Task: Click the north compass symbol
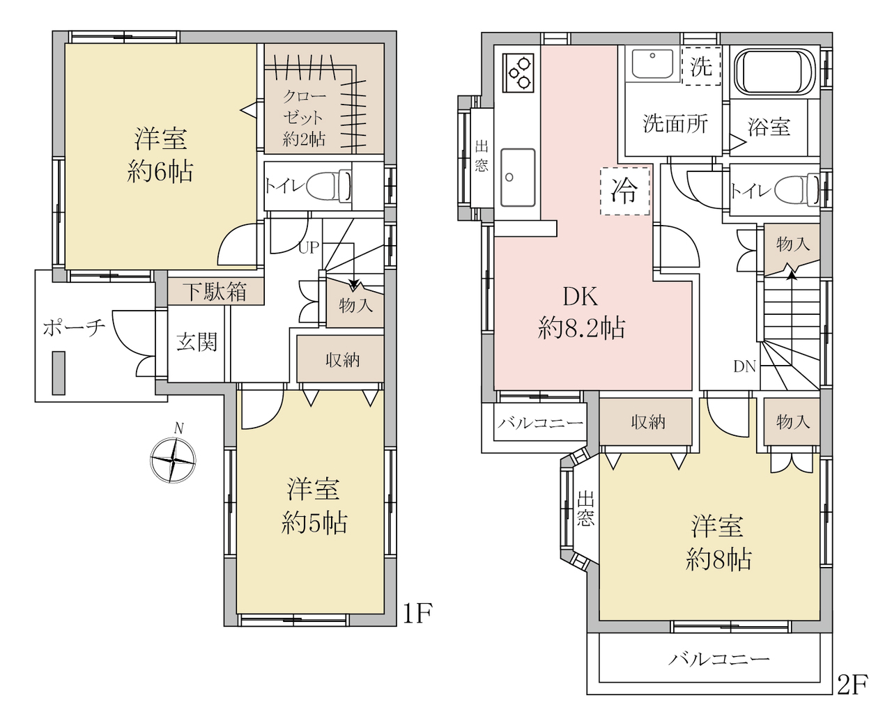click(173, 460)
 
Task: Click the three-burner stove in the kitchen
click(519, 72)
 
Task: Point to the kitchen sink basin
click(518, 178)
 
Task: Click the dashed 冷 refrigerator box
click(625, 192)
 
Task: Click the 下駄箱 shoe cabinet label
click(216, 292)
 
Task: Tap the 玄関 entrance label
click(197, 342)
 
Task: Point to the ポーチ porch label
click(74, 328)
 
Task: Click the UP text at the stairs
click(309, 248)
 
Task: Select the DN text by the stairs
click(744, 367)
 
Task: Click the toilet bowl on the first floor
click(329, 186)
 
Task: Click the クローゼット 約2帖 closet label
click(304, 118)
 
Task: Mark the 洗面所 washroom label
click(675, 124)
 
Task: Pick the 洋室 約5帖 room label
click(314, 506)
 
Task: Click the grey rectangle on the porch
click(59, 373)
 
